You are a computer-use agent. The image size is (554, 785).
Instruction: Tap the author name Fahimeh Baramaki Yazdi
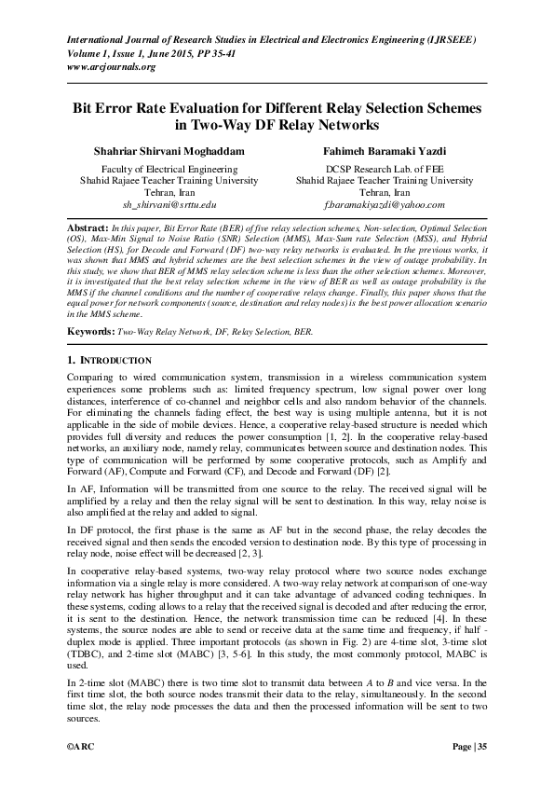coord(384,150)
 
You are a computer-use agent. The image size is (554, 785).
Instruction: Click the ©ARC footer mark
coord(81,748)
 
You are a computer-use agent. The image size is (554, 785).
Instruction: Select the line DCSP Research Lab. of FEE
coord(384,169)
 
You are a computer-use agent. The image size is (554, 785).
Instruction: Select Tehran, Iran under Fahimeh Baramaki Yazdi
coord(384,191)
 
